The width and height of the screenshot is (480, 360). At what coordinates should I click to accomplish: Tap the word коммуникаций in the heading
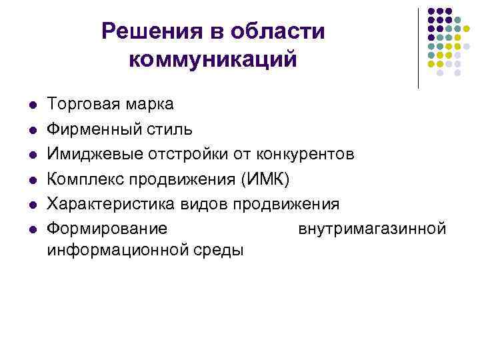212,59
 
